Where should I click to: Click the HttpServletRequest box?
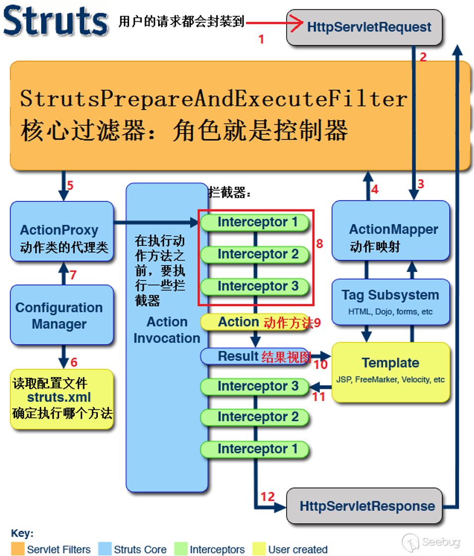pos(364,27)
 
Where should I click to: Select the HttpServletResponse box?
pos(364,506)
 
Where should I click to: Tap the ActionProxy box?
pos(62,232)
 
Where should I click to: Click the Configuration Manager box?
pos(62,315)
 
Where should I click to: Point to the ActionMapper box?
pos(391,231)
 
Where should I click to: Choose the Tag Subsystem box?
pos(391,302)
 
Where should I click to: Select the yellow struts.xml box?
pos(62,398)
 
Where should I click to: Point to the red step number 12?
pos(267,496)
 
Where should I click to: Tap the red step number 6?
pos(74,362)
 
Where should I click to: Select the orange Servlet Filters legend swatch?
pos(18,549)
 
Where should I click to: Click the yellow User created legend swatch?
pos(259,549)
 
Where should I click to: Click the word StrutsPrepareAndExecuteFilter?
pos(214,98)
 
